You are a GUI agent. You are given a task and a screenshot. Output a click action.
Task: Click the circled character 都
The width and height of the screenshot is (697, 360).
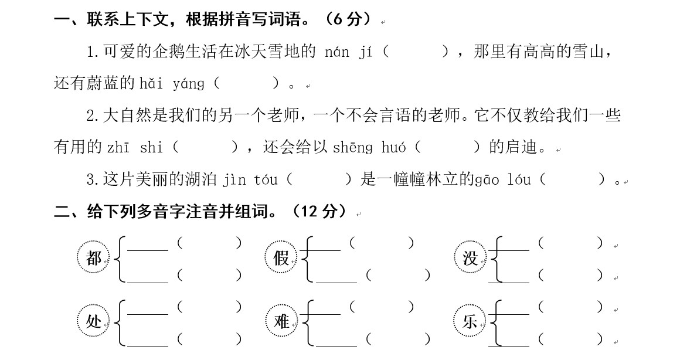coord(93,258)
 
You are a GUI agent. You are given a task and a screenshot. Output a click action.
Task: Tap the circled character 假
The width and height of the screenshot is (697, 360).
coord(281,258)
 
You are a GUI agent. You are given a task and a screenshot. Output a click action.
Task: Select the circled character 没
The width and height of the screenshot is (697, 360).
coord(470,258)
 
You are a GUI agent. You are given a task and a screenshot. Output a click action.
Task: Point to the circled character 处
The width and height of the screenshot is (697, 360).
coord(93,321)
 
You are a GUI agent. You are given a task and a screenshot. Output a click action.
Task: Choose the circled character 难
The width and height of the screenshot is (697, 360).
coord(281,321)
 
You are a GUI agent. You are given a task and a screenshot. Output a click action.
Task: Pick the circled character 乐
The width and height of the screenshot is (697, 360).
coord(470,321)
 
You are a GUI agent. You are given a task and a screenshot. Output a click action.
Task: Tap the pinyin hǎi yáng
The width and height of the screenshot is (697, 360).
coord(172,84)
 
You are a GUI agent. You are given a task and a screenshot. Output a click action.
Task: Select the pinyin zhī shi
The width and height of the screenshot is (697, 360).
coord(135,147)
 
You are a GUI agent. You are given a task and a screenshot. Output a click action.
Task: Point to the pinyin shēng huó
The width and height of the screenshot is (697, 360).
coord(369,147)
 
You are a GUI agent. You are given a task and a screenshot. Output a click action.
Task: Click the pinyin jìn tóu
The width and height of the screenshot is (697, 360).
coord(250,179)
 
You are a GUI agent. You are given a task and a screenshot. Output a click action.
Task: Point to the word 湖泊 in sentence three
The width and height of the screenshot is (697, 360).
coord(202,179)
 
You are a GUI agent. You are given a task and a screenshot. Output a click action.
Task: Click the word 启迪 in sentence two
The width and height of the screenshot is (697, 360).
coord(521,147)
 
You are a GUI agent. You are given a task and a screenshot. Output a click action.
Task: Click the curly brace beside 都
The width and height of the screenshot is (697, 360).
coord(120,259)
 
